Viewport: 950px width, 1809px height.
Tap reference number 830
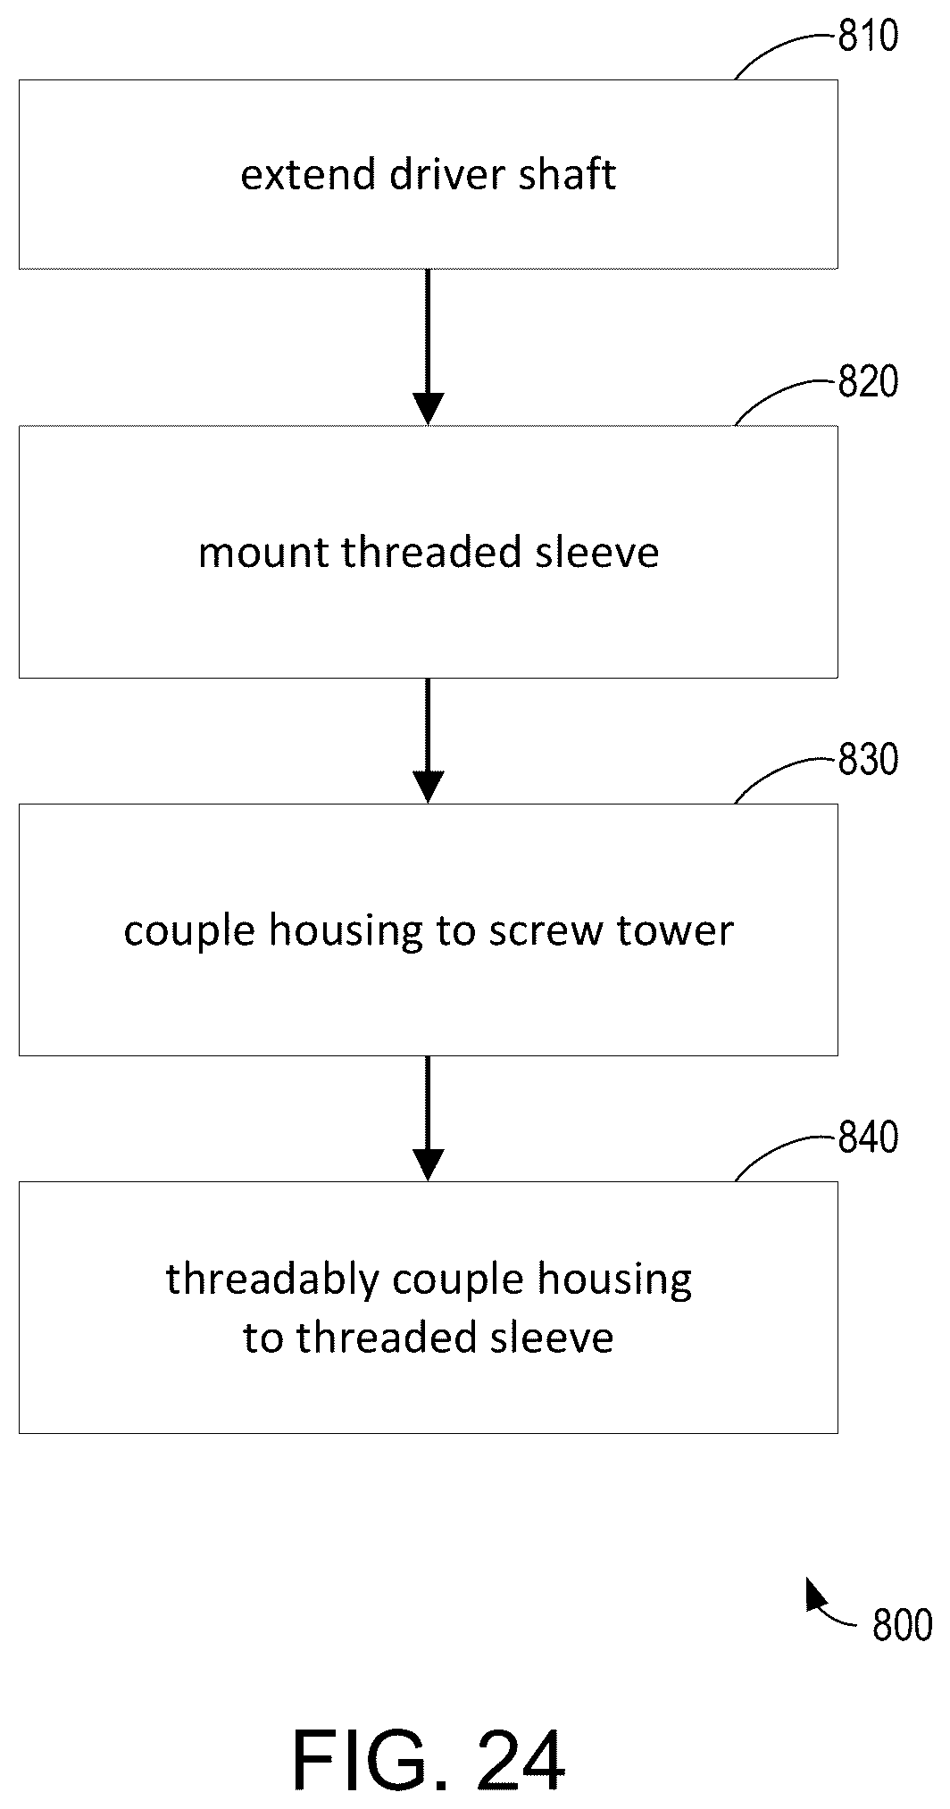[868, 761]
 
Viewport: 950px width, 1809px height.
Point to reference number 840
[868, 1138]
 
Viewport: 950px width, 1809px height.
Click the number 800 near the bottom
[903, 1626]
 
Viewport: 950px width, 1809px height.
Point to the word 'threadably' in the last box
[273, 1280]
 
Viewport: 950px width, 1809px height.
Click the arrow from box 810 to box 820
[428, 346]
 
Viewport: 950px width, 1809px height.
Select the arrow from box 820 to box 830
[428, 740]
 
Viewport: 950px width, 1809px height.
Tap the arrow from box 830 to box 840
[428, 1118]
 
